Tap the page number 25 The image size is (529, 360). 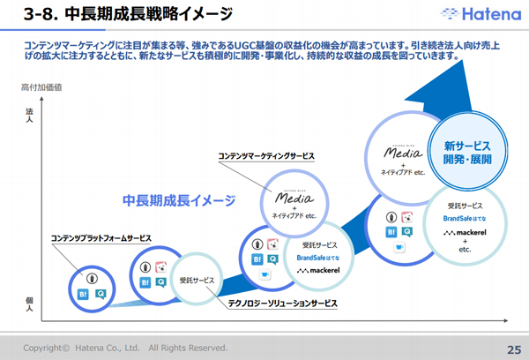511,347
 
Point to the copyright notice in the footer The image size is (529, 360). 125,347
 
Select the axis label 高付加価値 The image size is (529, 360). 41,89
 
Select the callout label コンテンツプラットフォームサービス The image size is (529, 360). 101,238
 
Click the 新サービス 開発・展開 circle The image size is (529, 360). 466,152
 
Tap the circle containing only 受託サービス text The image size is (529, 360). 197,279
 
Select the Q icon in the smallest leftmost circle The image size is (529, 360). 101,293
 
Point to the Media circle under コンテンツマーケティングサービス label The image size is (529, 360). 295,201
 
